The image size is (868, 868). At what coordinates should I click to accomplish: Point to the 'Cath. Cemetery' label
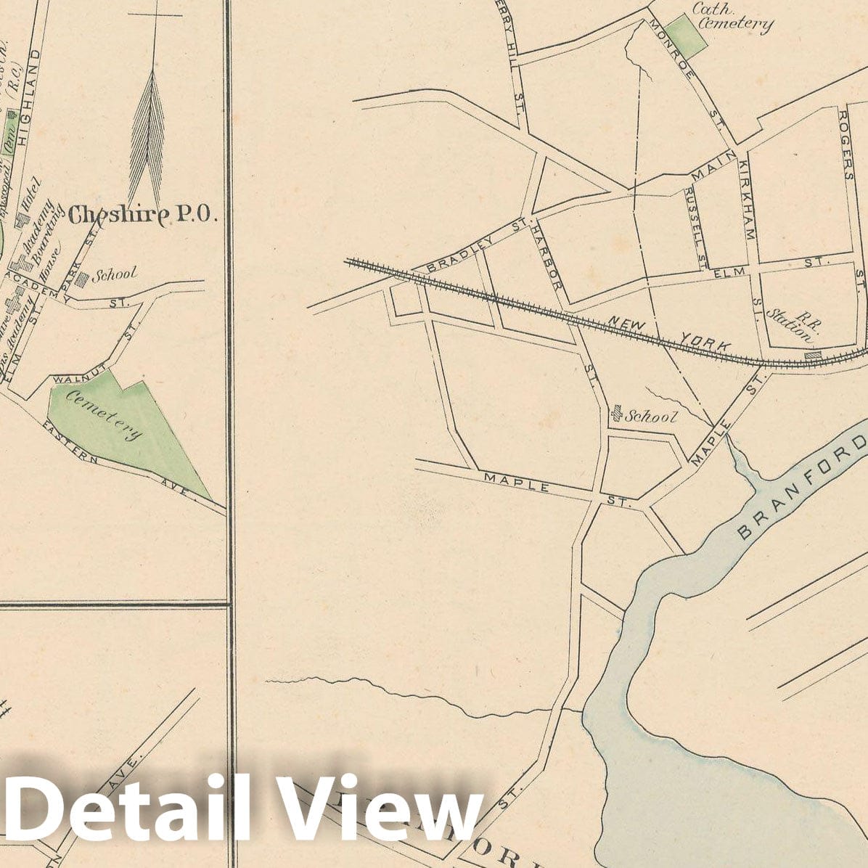click(731, 17)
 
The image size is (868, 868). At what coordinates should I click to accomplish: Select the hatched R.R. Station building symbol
click(814, 355)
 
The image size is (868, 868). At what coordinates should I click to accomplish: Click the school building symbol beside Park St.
click(83, 277)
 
